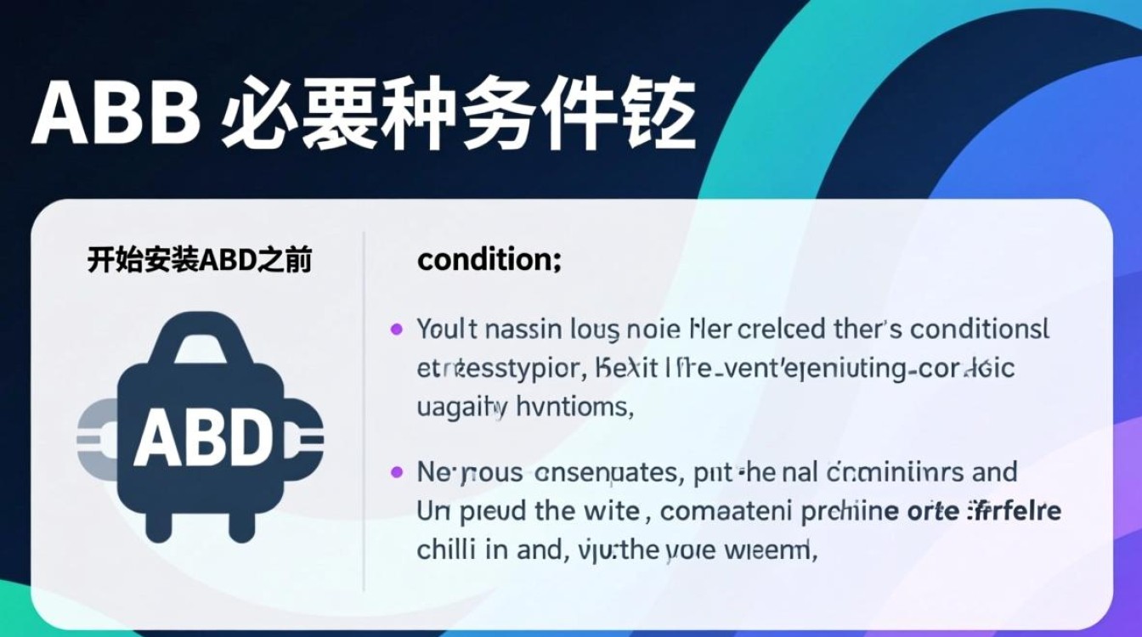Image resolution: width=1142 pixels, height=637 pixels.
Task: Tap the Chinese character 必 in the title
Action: [261, 114]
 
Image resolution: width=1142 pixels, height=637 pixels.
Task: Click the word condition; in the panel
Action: [489, 260]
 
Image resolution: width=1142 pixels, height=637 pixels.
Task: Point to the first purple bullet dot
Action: [396, 329]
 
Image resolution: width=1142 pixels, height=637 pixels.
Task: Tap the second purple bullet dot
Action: [396, 471]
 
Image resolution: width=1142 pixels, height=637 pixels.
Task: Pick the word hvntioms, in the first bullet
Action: [575, 407]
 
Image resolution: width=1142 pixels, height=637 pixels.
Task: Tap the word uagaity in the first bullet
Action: [462, 407]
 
